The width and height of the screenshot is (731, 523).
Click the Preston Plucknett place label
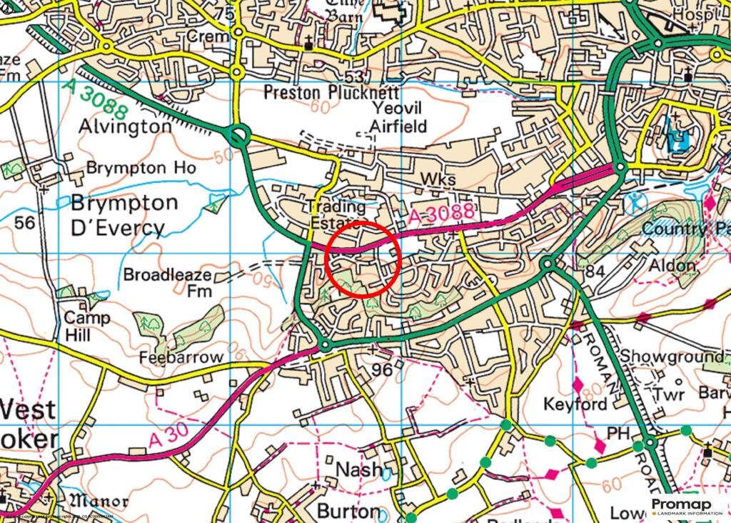click(331, 93)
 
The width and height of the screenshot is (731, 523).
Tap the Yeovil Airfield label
click(398, 117)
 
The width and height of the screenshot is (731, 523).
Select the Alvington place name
click(125, 126)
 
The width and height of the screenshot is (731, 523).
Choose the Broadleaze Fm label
click(168, 283)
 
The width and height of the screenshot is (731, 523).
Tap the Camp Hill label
click(87, 325)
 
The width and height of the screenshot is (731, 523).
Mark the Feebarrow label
click(182, 357)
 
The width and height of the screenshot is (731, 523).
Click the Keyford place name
click(575, 404)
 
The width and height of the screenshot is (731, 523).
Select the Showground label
click(671, 357)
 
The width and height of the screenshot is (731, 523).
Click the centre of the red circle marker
click(362, 259)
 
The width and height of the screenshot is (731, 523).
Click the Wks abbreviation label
click(438, 179)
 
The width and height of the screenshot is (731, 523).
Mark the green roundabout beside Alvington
click(238, 134)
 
